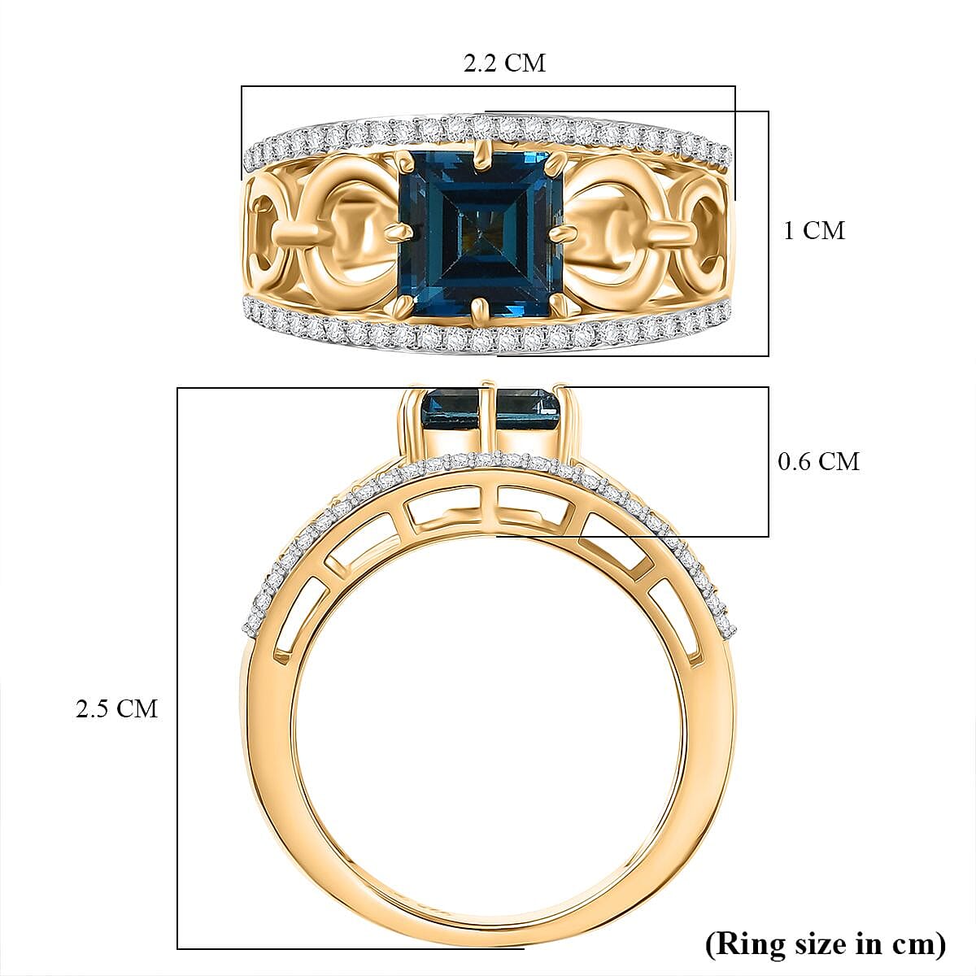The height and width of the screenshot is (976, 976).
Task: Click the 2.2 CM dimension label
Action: coord(504,63)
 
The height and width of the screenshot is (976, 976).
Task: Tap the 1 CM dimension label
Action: coord(813,231)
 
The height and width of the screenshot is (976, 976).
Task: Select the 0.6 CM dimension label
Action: coord(818,462)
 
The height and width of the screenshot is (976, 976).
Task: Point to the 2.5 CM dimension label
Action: coord(116,708)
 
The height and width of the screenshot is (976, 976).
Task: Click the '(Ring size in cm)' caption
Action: coord(825,943)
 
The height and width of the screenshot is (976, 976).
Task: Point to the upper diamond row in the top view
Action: coord(488,128)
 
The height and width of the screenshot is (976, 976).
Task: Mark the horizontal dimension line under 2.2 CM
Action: coord(488,86)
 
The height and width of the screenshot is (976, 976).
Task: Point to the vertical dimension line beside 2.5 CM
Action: coord(178,667)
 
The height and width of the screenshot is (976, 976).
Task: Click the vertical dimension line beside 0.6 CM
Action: coord(769,461)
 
